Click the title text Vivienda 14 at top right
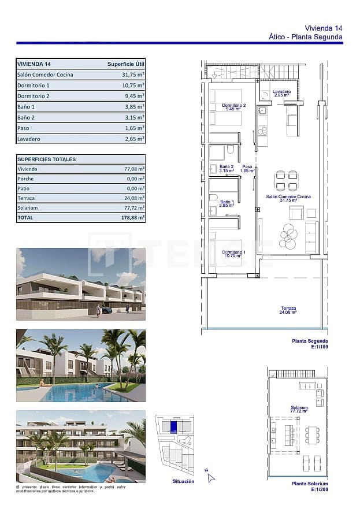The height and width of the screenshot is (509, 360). (x=324, y=28)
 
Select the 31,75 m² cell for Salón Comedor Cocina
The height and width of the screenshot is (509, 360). (x=133, y=75)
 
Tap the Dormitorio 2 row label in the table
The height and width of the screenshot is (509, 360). (x=34, y=96)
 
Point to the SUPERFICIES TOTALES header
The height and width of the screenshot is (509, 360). (x=46, y=159)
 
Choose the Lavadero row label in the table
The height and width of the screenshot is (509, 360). (x=29, y=139)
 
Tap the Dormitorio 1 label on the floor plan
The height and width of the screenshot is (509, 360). (x=234, y=254)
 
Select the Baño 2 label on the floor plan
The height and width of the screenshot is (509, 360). (x=226, y=169)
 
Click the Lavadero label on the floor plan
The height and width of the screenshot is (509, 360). (x=281, y=94)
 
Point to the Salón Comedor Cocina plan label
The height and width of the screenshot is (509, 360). (x=288, y=198)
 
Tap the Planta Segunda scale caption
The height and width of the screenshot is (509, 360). (x=310, y=343)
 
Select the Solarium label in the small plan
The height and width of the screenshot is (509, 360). (x=299, y=409)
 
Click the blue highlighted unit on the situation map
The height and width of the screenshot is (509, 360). (x=173, y=426)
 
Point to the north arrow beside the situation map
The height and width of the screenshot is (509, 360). (x=210, y=476)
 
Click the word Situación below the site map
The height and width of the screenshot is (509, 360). (x=183, y=481)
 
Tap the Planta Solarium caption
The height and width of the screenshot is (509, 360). (x=310, y=486)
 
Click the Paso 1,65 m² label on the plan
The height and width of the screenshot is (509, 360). (x=247, y=169)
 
